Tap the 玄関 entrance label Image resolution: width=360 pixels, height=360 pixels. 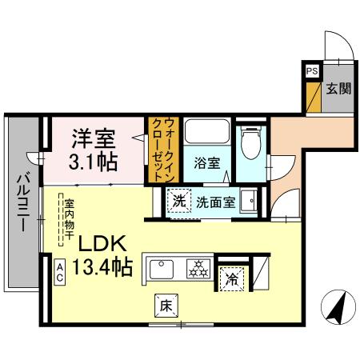point(337,87)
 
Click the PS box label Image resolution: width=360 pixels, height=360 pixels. point(311,72)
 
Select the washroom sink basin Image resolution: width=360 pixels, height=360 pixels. point(250,201)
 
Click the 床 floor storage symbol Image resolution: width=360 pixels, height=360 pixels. point(163,306)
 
